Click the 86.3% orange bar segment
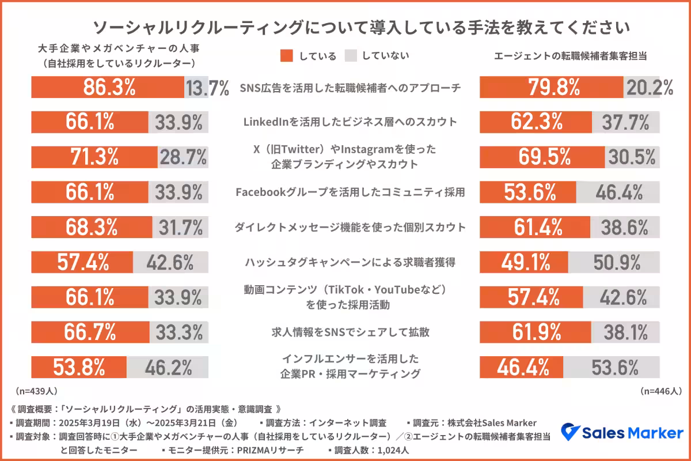[108, 87]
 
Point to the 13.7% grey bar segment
[196, 87]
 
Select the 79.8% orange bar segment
[552, 87]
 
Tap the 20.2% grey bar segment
[641, 87]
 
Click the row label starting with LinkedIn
[350, 122]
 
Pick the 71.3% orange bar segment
[94, 157]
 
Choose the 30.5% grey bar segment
[632, 157]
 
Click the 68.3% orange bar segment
[92, 227]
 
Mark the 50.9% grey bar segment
[614, 262]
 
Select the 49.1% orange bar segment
[524, 262]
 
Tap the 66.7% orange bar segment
[90, 332]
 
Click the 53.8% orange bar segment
[79, 367]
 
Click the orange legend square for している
[287, 55]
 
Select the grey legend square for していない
[351, 55]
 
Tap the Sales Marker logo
[622, 432]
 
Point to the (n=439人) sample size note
[37, 391]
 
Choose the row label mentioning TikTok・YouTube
[350, 297]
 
